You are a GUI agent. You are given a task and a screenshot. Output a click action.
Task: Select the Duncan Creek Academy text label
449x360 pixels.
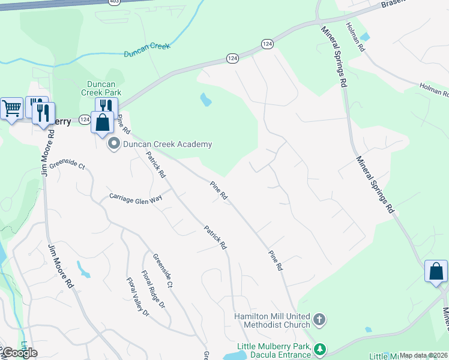tap(167, 144)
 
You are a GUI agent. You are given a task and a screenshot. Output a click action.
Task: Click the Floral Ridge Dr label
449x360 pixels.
tap(153, 290)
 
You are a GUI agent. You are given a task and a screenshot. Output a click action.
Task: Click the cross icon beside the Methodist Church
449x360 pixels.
tap(319, 320)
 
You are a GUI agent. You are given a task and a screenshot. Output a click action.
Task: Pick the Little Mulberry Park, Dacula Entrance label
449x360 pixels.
tap(274, 350)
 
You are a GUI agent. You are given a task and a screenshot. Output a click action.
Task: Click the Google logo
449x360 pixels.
tap(20, 353)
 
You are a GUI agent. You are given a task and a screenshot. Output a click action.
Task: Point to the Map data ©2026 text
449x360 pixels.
tap(424, 355)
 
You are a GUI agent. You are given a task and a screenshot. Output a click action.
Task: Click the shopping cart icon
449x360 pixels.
tap(11, 109)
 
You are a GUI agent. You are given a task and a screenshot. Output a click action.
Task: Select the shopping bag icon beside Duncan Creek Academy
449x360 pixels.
tap(103, 122)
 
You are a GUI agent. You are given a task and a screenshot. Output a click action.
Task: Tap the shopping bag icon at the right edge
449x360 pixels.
tap(436, 271)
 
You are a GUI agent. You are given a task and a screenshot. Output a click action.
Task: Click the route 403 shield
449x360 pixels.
tap(114, 2)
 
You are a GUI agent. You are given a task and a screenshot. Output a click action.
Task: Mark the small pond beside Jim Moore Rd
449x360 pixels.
tap(83, 270)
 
